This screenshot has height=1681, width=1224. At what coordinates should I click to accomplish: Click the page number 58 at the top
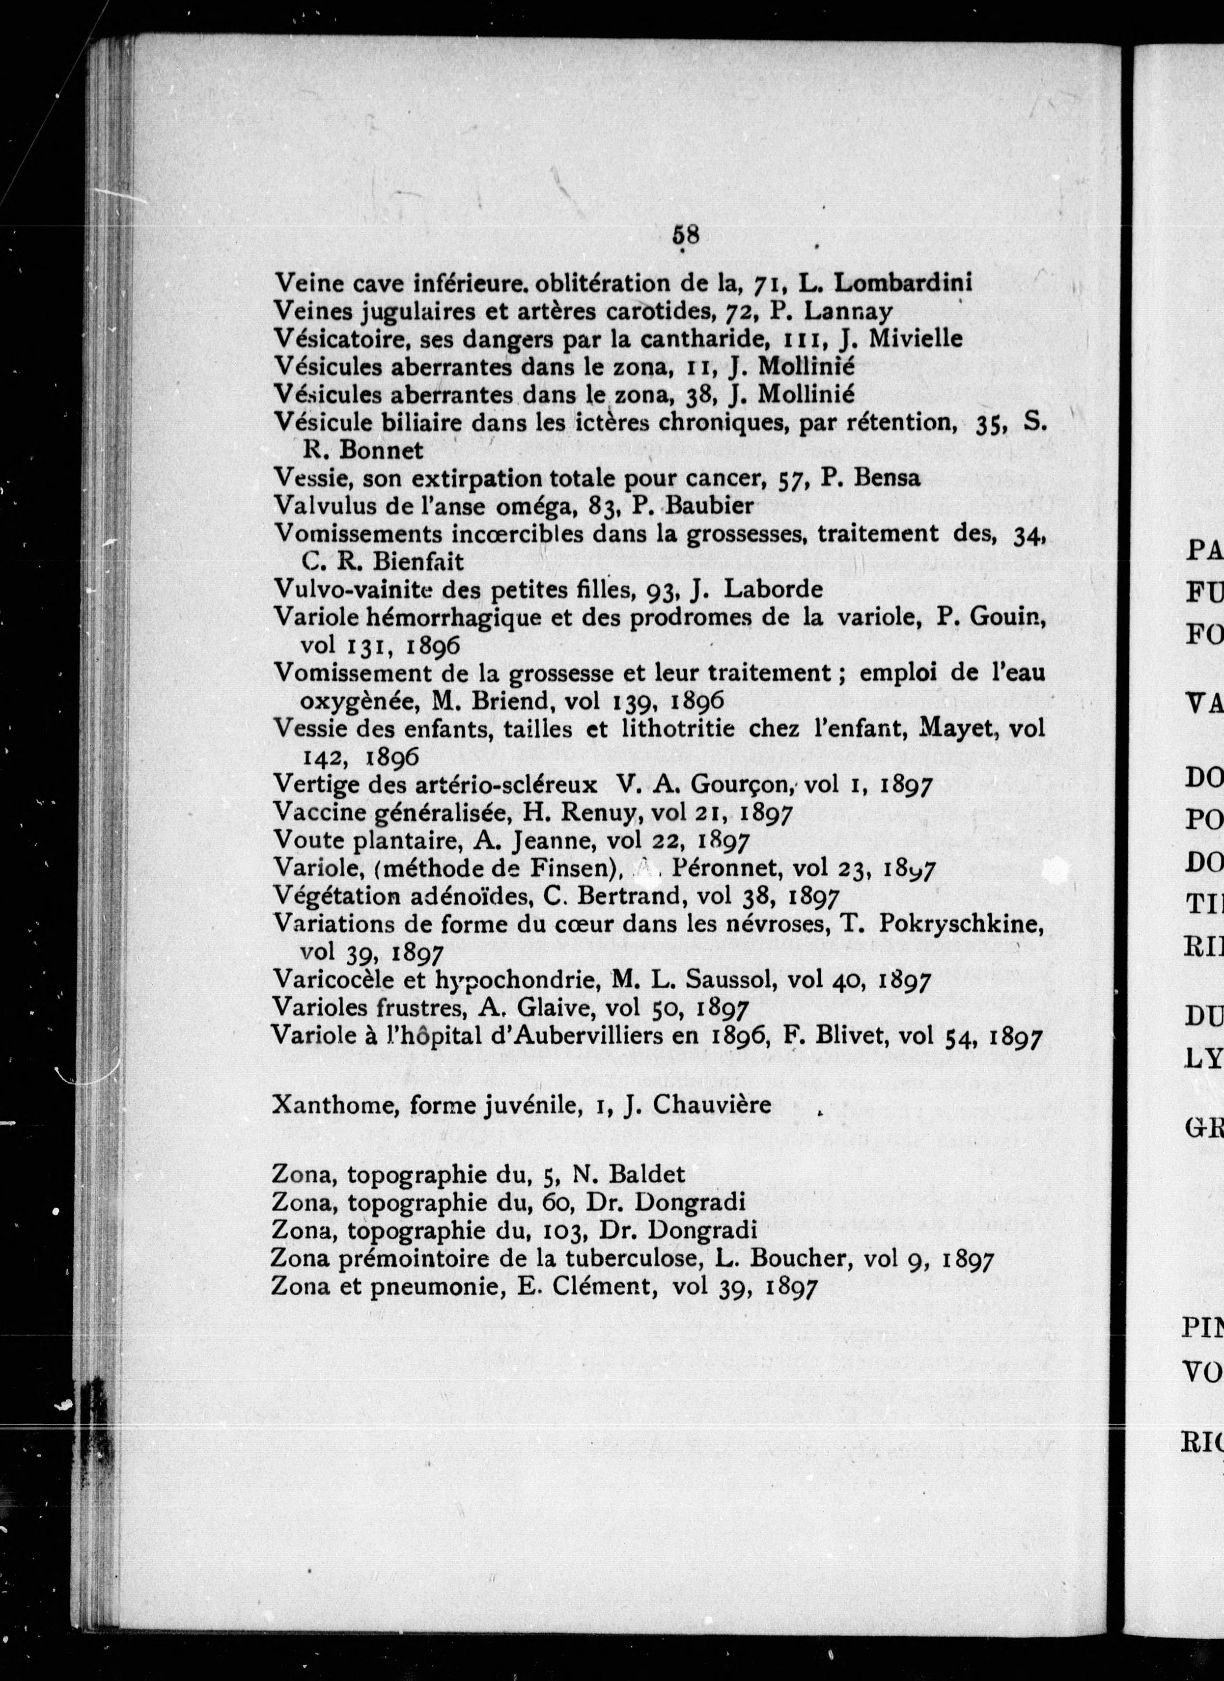685,235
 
